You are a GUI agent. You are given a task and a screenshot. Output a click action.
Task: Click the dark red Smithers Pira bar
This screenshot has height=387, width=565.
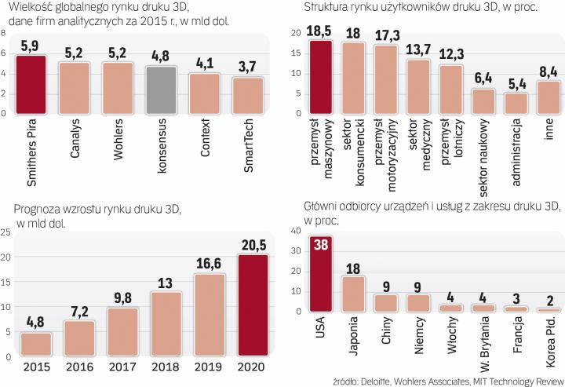[31, 83]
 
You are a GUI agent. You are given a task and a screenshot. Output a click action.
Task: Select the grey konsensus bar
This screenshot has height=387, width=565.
[162, 89]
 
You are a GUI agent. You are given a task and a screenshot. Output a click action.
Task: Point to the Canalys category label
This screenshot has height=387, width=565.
[76, 137]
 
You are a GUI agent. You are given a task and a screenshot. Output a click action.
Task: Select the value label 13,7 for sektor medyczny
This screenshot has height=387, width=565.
[417, 50]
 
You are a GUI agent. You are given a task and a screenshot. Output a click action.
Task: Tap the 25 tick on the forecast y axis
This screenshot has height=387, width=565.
[6, 232]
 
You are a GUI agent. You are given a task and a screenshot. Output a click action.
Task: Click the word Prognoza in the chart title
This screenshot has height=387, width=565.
[39, 207]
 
